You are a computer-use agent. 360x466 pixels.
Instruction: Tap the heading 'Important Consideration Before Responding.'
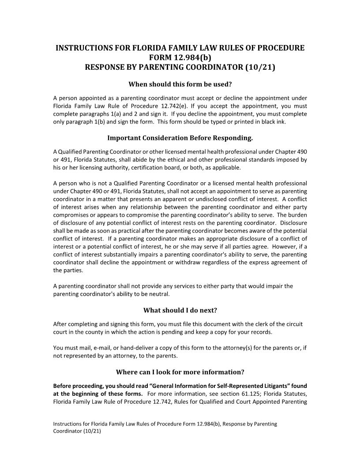tap(180, 138)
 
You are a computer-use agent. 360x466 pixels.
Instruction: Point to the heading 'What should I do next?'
tap(180, 310)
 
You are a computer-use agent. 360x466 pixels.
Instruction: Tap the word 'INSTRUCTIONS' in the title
tap(84, 48)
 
